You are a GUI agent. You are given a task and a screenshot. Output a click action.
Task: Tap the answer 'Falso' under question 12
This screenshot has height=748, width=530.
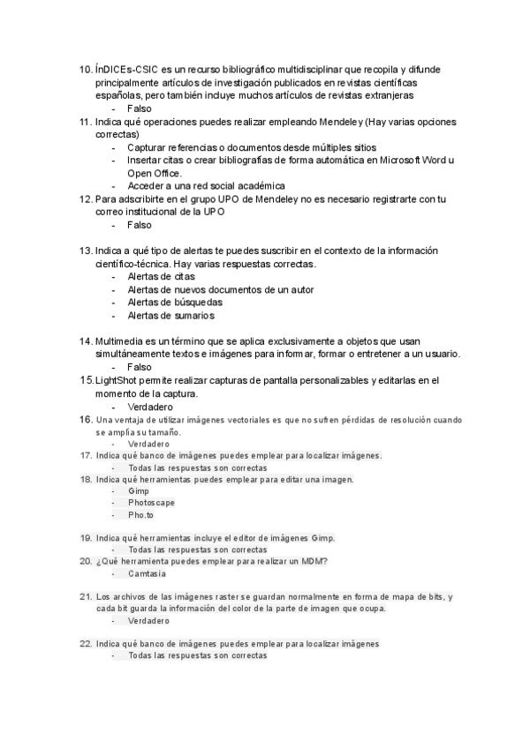point(140,225)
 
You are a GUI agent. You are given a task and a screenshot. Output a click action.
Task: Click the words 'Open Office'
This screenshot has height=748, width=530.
point(154,173)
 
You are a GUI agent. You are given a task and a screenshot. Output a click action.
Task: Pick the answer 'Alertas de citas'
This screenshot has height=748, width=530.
point(162,277)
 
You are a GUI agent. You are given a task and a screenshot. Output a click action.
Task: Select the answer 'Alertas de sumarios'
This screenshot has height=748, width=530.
point(170,316)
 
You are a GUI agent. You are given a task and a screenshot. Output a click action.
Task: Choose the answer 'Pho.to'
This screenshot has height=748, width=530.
point(140,515)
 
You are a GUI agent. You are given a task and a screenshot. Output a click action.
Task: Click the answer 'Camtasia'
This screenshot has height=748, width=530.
point(148,573)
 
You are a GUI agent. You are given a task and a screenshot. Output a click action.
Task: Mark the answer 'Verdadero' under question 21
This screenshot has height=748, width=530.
point(148,621)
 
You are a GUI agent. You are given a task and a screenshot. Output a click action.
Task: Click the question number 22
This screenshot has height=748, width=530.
point(86,644)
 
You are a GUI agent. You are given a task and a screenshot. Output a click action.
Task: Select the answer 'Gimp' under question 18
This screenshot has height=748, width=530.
point(139,491)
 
